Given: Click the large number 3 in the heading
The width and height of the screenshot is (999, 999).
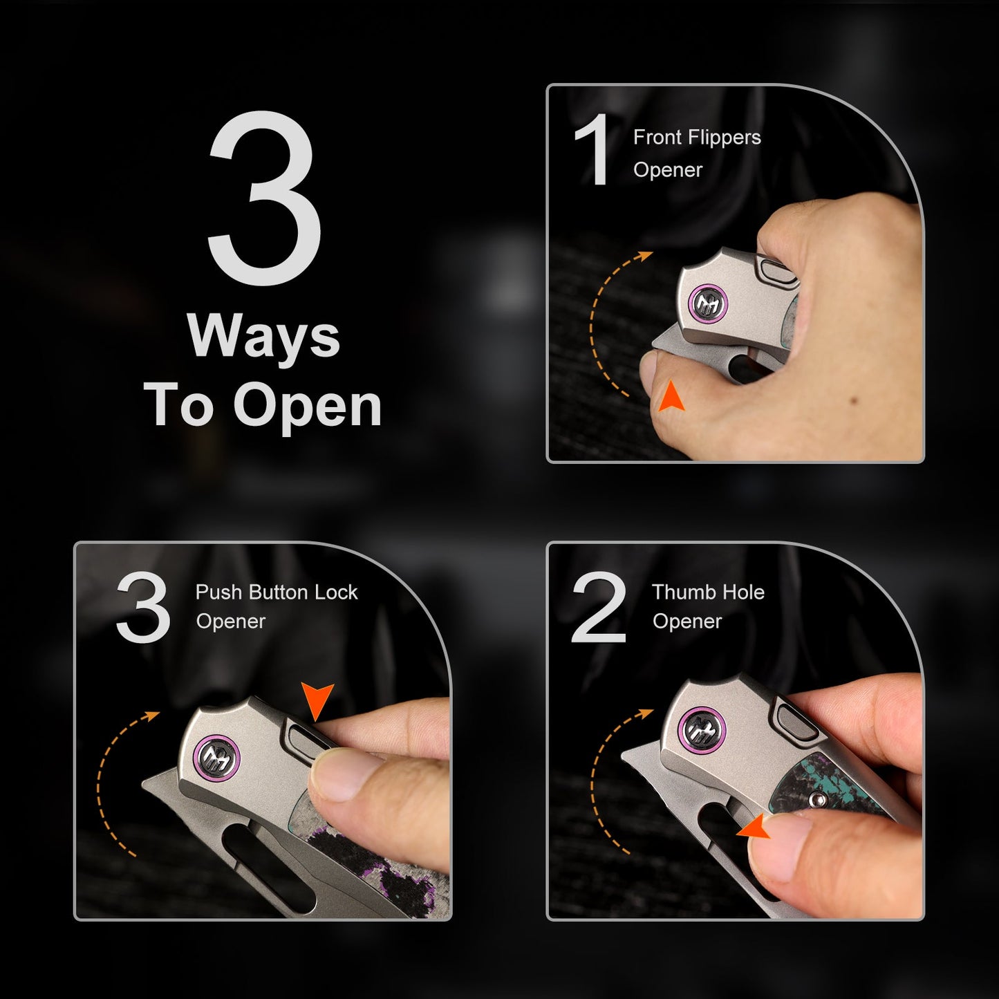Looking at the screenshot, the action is [x=264, y=198].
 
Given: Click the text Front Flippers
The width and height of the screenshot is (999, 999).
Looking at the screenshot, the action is [x=697, y=138].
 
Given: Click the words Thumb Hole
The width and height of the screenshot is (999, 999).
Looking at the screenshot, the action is [x=708, y=592].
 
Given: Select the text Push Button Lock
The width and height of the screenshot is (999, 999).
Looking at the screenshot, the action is [x=277, y=592].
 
